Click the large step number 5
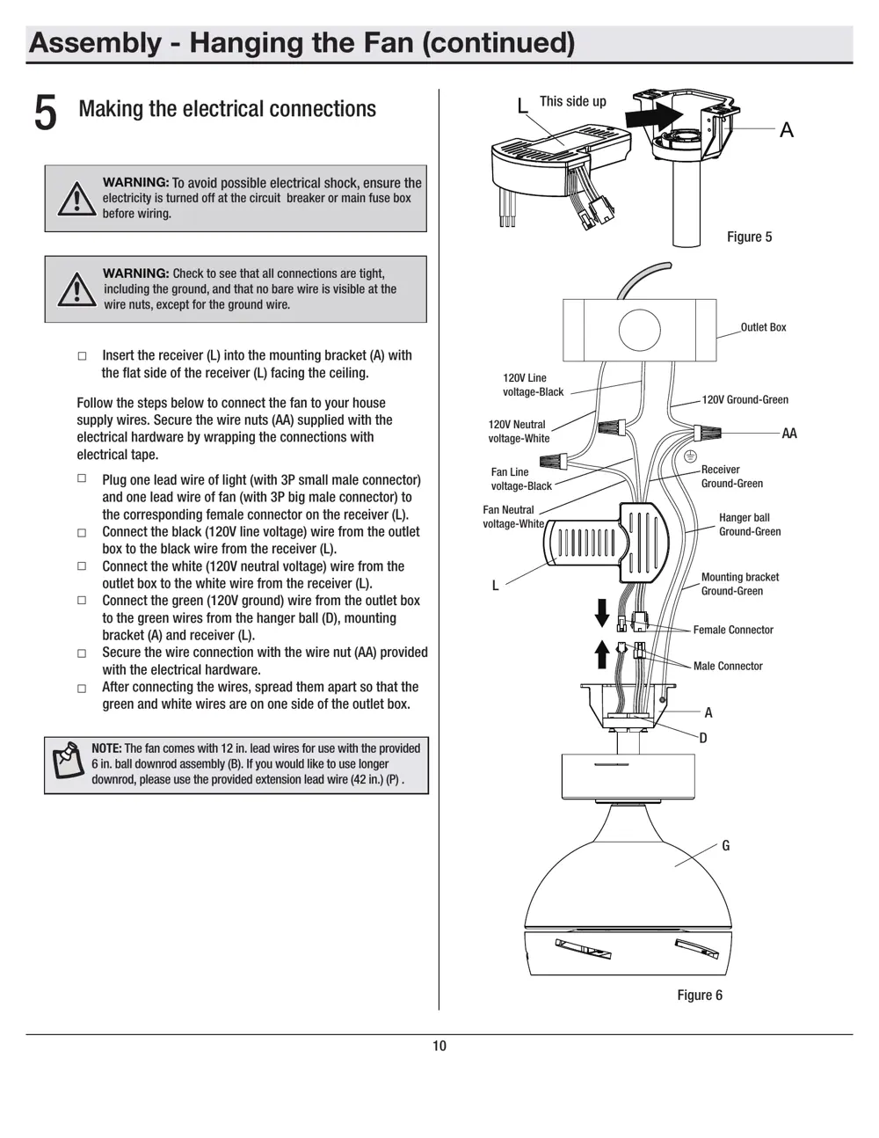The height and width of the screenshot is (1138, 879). [46, 113]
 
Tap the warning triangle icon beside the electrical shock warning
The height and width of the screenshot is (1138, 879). [77, 199]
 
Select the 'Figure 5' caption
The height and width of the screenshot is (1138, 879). [749, 237]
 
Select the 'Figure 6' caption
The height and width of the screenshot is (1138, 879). [699, 995]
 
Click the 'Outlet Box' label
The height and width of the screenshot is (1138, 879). [763, 327]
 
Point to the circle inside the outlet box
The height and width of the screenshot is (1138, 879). [639, 331]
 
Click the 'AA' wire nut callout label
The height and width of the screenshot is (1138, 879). [788, 434]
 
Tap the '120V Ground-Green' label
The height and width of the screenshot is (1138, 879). [745, 399]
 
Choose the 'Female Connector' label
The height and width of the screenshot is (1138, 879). [733, 630]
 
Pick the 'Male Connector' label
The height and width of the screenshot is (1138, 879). [728, 666]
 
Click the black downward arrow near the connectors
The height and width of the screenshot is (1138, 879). [602, 612]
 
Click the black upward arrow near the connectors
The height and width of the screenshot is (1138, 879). [602, 654]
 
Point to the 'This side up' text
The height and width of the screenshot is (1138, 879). [572, 101]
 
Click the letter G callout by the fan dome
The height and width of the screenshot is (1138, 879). [725, 846]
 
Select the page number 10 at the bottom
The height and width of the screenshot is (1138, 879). [439, 1046]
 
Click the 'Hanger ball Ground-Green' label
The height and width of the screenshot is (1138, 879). [749, 524]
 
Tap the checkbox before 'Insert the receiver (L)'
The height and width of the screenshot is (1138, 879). [83, 356]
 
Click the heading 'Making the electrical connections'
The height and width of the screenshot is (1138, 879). [227, 109]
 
